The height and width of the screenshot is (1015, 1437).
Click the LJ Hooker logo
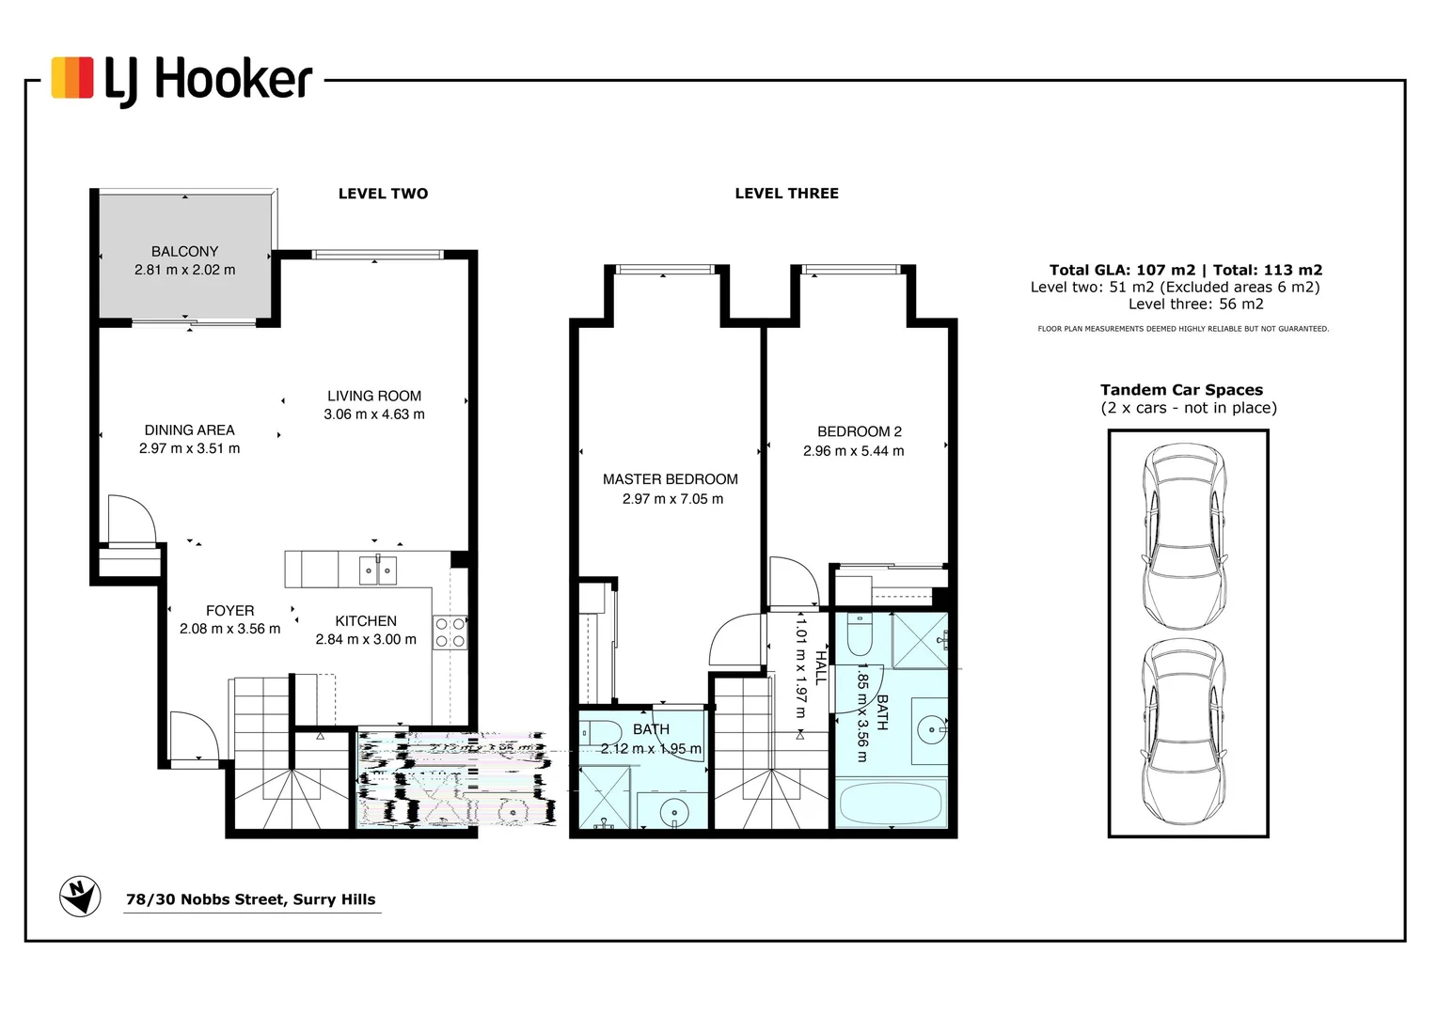point(182,79)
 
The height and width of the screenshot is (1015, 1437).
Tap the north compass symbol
point(80,896)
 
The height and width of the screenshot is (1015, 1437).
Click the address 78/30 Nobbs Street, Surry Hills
point(250,899)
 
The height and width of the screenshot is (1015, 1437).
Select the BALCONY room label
point(184,251)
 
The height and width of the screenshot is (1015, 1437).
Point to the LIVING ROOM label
point(374,396)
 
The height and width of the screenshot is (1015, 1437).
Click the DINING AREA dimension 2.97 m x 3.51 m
point(189,448)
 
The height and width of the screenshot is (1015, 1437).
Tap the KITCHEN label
point(366,620)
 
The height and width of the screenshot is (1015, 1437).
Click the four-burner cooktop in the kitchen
point(450,632)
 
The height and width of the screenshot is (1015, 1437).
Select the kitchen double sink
point(377,570)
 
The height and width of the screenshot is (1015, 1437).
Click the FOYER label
point(229,611)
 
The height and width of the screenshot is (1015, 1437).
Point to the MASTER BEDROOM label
point(670,479)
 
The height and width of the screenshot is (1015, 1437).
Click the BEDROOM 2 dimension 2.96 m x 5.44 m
point(853,451)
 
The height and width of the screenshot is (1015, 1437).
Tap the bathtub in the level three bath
point(890,804)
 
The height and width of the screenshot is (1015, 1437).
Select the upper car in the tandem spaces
point(1183,537)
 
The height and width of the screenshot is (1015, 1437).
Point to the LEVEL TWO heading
point(383,194)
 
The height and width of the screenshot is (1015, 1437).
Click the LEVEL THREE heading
point(786,194)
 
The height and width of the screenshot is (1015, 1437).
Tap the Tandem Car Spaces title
point(1181,390)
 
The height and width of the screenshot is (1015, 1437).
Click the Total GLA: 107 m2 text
point(1122,270)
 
